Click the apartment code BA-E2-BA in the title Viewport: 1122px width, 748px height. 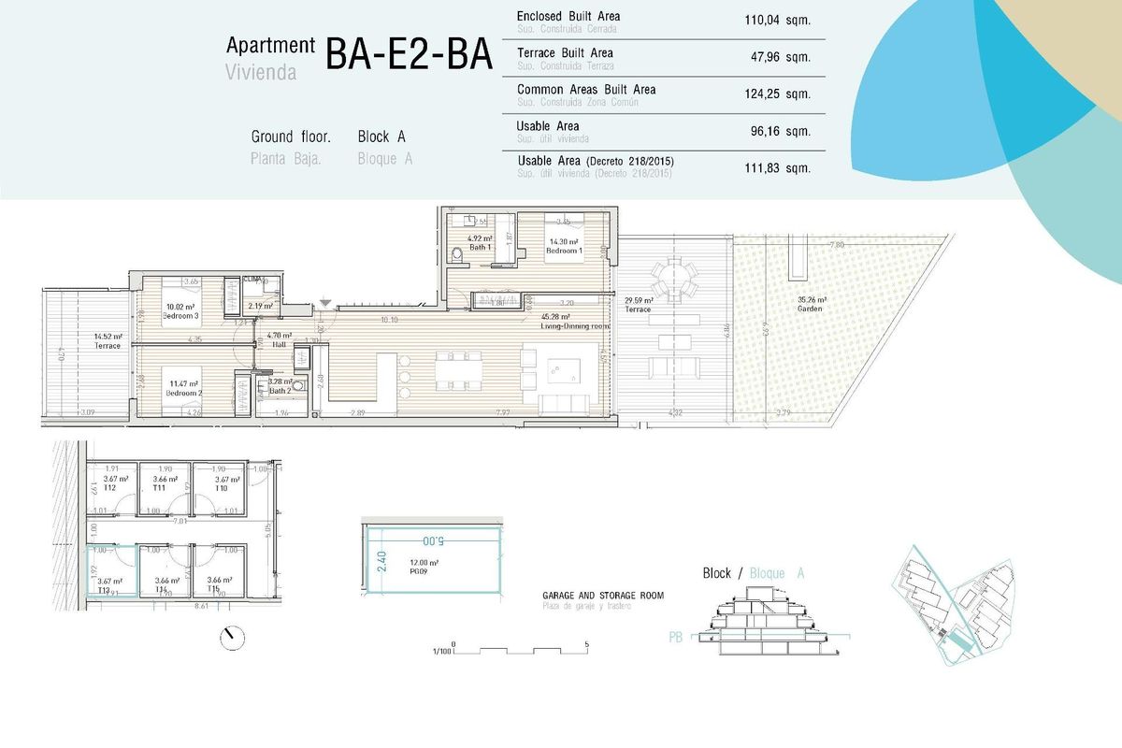[409, 54]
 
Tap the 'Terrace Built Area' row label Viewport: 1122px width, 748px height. [565, 53]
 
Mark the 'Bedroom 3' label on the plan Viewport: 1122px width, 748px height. [181, 316]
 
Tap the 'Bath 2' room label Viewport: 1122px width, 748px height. [281, 389]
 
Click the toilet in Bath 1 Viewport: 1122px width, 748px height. [456, 254]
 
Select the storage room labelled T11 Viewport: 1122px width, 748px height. [159, 488]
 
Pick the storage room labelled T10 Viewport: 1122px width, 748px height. [221, 488]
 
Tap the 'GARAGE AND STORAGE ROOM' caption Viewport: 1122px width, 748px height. [602, 596]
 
